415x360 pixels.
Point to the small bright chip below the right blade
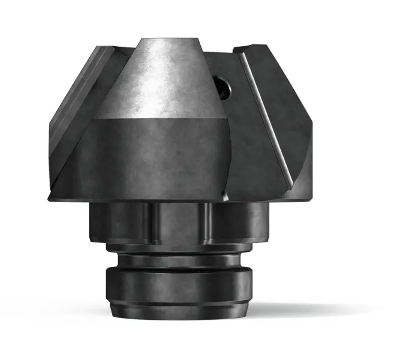pos(224,195)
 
